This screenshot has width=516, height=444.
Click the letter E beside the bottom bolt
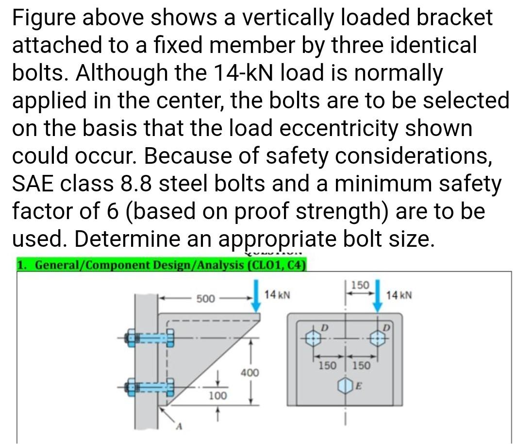(x=359, y=386)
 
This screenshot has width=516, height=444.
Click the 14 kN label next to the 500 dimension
(x=277, y=294)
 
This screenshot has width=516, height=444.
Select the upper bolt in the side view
(x=150, y=337)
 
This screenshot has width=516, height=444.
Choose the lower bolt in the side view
(x=150, y=387)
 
